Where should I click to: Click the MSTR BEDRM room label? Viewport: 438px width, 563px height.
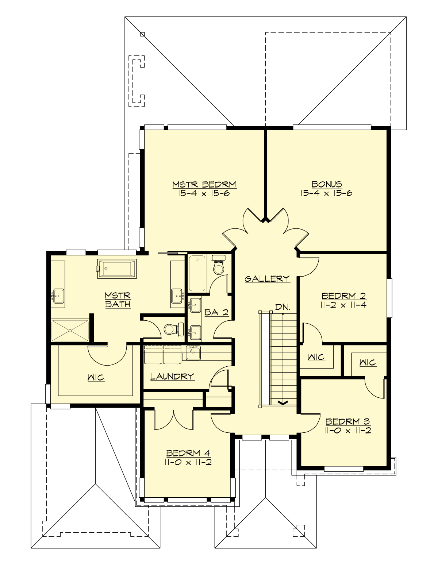(204, 184)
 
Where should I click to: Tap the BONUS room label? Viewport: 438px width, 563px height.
(326, 184)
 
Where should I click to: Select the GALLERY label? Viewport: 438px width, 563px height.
(267, 279)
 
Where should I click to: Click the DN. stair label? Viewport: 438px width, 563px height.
(283, 307)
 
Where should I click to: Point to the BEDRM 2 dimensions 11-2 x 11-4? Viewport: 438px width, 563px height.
(343, 305)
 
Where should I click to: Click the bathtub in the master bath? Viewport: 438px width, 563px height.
(117, 269)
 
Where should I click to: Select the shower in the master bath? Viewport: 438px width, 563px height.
(70, 331)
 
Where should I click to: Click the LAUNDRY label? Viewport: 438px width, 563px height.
(172, 376)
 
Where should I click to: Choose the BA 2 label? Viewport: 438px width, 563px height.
(216, 312)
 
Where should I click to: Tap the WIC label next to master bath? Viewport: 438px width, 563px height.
(96, 378)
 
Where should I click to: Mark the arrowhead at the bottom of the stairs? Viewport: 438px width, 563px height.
(282, 402)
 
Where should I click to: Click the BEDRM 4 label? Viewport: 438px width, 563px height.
(188, 454)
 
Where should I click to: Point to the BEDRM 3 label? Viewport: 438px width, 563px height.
(348, 421)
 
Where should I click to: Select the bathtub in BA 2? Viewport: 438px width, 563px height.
(197, 273)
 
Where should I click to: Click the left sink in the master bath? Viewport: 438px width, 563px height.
(58, 296)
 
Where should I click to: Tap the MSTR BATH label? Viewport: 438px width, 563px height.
(118, 300)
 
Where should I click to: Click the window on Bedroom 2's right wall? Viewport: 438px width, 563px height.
(389, 298)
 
